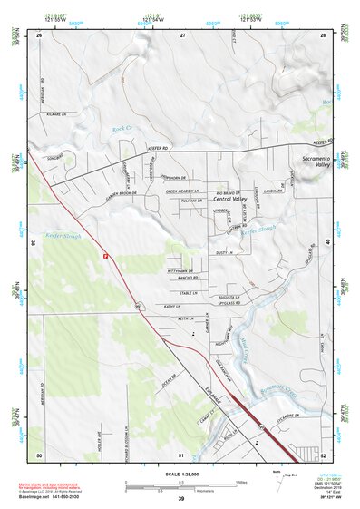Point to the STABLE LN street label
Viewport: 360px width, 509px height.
point(189,293)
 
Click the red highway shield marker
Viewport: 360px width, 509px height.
point(106,257)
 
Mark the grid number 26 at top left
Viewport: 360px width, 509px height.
point(39,34)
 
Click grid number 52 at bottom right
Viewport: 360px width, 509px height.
point(323,455)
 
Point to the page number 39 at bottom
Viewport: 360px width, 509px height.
point(180,499)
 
